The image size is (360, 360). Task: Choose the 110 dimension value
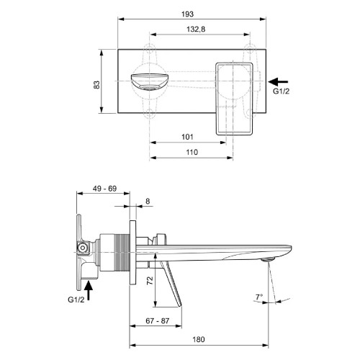click(x=192, y=152)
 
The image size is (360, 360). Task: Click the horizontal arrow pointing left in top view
click(x=279, y=81)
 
